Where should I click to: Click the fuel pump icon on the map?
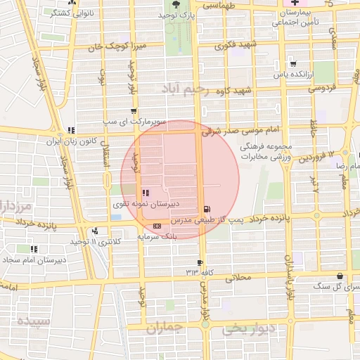click(x=206, y=209)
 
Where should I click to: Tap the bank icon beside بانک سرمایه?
click(x=156, y=226)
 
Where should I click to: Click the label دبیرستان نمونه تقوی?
click(x=146, y=203)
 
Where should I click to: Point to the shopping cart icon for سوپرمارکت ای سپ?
click(x=134, y=110)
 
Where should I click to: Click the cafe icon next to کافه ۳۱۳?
click(x=200, y=262)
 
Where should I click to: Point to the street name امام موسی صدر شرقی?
click(x=240, y=131)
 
